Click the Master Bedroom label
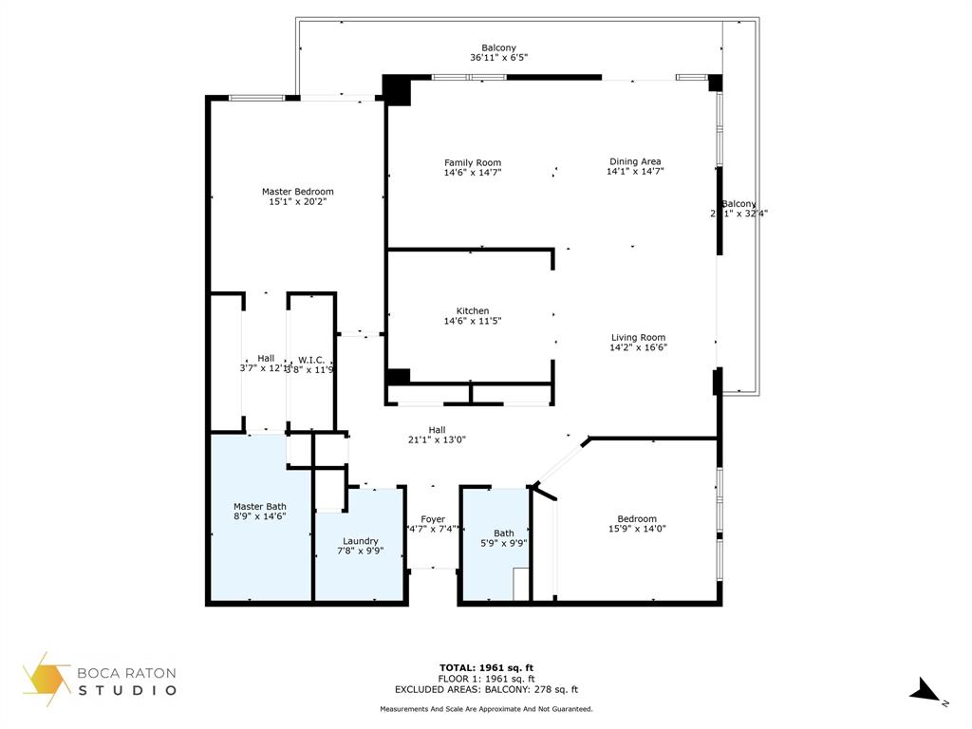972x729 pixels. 297,191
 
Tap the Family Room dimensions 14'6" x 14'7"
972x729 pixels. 473,173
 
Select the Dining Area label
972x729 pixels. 635,161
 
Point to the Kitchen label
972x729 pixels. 473,310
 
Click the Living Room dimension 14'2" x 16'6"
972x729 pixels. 638,348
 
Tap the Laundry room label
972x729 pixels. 361,540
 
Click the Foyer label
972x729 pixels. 433,519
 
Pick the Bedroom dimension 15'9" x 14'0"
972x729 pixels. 637,529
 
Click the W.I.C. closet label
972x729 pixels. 311,359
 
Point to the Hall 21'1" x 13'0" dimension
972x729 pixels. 437,439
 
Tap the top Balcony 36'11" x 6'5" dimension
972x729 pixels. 498,58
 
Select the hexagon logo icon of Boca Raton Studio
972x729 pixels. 47,679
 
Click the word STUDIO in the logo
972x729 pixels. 127,690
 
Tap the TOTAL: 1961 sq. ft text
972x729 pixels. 493,667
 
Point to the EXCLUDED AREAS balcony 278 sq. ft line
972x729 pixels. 486,690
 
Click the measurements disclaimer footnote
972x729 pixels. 486,709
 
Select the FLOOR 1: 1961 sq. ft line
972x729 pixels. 486,679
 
